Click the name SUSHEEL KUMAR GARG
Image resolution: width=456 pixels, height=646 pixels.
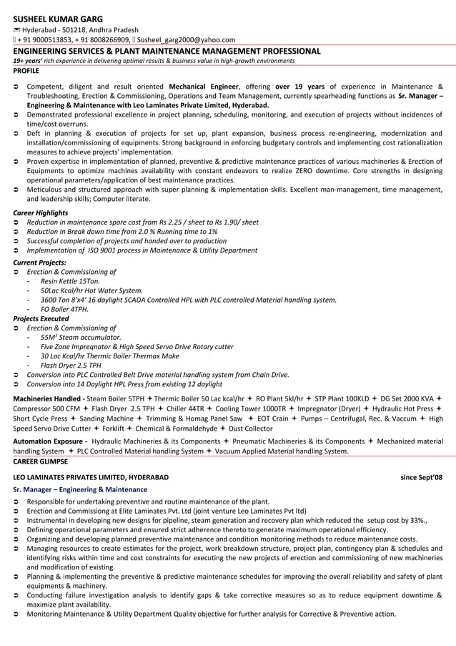point(58,19)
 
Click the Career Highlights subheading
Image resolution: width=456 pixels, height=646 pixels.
point(41,212)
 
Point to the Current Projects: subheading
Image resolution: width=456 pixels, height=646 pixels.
point(40,263)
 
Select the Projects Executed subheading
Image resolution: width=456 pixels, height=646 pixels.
point(41,318)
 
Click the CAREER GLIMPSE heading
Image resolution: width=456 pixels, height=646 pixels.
point(41,461)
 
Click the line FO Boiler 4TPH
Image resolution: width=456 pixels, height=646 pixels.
point(64,309)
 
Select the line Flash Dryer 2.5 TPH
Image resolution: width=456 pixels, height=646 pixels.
point(71,365)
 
